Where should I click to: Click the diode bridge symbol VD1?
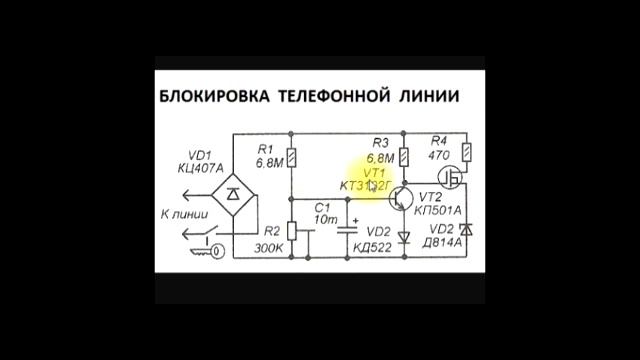231,189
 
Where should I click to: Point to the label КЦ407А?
201,169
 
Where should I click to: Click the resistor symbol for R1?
291,157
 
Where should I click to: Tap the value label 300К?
268,247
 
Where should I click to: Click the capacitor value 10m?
325,220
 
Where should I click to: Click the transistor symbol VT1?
400,196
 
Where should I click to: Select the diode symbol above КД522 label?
404,238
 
